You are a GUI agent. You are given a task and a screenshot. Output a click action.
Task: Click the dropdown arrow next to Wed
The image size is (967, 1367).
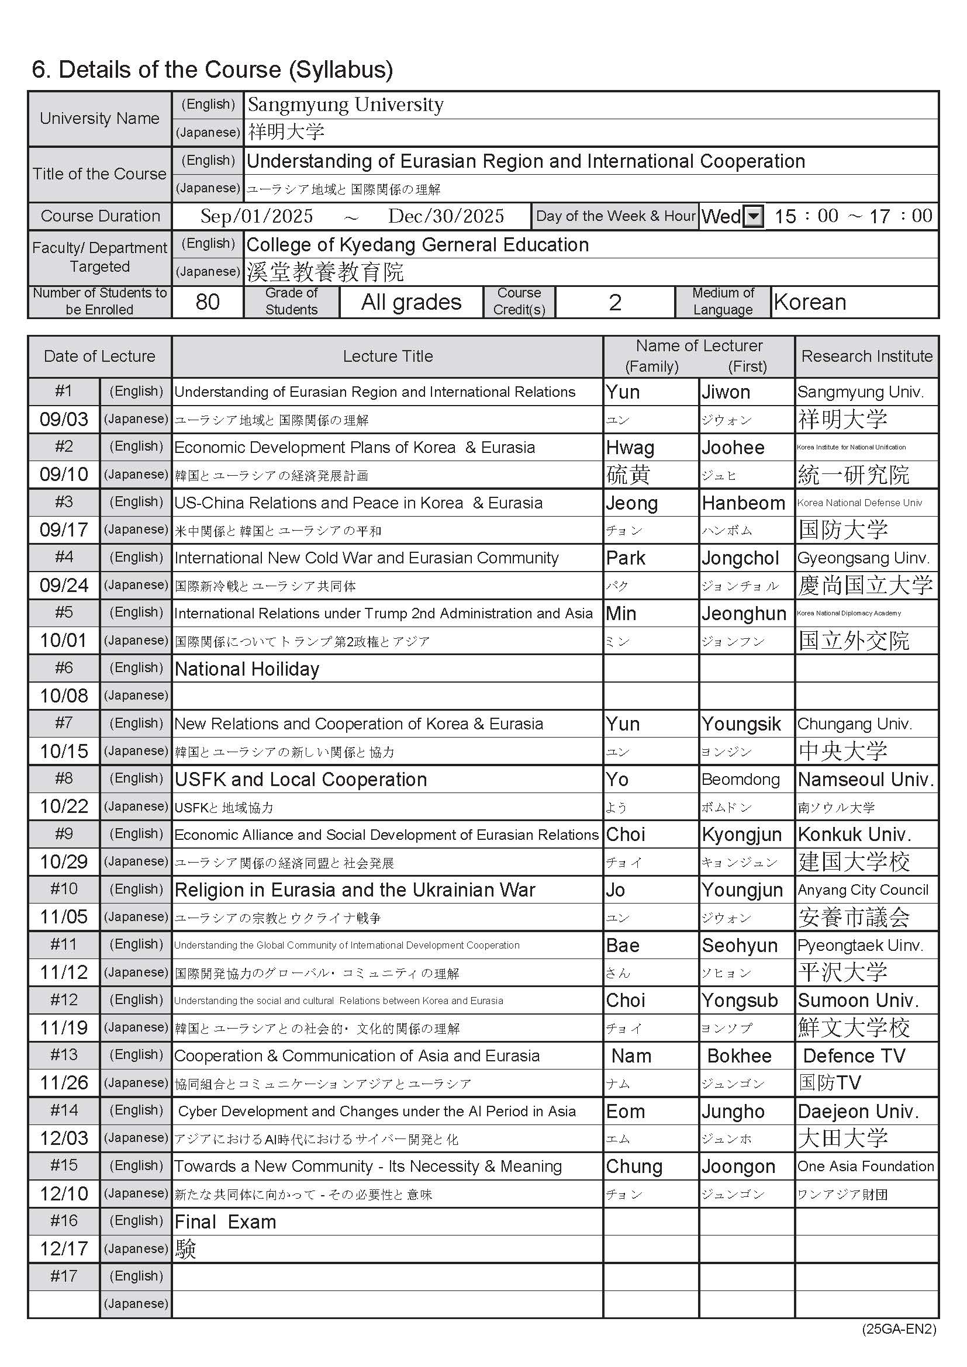coord(754,216)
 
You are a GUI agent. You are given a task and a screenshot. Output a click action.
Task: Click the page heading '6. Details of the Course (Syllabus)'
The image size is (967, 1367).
coord(212,70)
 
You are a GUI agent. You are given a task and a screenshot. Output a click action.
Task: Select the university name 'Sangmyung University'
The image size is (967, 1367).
coord(346,105)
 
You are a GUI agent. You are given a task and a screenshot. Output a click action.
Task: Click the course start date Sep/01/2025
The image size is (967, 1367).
coord(257,216)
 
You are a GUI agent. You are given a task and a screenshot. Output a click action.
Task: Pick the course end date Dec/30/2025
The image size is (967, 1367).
coord(446,216)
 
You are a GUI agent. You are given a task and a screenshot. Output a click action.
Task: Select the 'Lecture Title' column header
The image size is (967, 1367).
coord(388,356)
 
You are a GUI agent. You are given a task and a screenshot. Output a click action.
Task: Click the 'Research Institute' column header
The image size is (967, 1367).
coord(866,356)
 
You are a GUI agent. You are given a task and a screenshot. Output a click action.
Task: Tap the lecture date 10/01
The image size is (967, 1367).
coord(64,641)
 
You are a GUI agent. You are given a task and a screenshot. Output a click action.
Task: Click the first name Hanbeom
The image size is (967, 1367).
coord(743,503)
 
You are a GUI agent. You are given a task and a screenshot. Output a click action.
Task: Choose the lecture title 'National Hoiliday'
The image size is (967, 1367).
coord(247,669)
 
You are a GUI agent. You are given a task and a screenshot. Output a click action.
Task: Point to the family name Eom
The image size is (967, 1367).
coord(625,1112)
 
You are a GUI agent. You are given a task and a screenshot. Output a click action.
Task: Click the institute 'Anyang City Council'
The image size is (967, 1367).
coord(863,890)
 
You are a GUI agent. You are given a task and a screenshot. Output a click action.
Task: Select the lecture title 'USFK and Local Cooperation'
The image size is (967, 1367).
coord(301,780)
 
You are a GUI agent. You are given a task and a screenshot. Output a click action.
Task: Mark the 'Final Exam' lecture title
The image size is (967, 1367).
coord(225,1222)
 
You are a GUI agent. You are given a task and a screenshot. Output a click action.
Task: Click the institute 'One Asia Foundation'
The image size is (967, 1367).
coord(866,1167)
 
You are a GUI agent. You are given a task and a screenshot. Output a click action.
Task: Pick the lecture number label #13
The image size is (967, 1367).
coord(64,1055)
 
